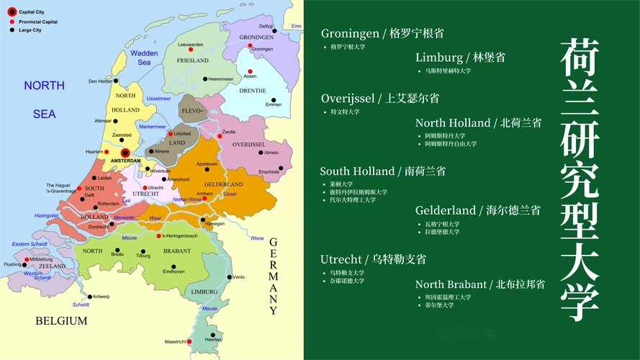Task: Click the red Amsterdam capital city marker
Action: (x=125, y=153)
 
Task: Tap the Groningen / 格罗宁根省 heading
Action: (x=382, y=33)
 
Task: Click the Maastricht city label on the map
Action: (x=176, y=341)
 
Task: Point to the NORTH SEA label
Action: (x=44, y=99)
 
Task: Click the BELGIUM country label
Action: (x=61, y=321)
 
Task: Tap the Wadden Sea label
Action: (x=144, y=58)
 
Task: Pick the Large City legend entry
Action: (x=30, y=30)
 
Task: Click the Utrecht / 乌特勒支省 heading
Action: (x=373, y=259)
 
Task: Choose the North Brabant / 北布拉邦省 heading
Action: (x=479, y=284)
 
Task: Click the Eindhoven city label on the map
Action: (x=173, y=271)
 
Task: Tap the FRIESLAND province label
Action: (x=192, y=60)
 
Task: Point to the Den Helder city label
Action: (x=100, y=81)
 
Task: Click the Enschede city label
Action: (x=269, y=172)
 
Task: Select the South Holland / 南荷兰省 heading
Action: (x=382, y=171)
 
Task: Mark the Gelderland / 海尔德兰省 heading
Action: (x=477, y=210)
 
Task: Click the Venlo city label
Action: (x=239, y=277)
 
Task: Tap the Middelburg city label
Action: (x=41, y=259)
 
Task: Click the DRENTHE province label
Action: (x=253, y=91)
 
